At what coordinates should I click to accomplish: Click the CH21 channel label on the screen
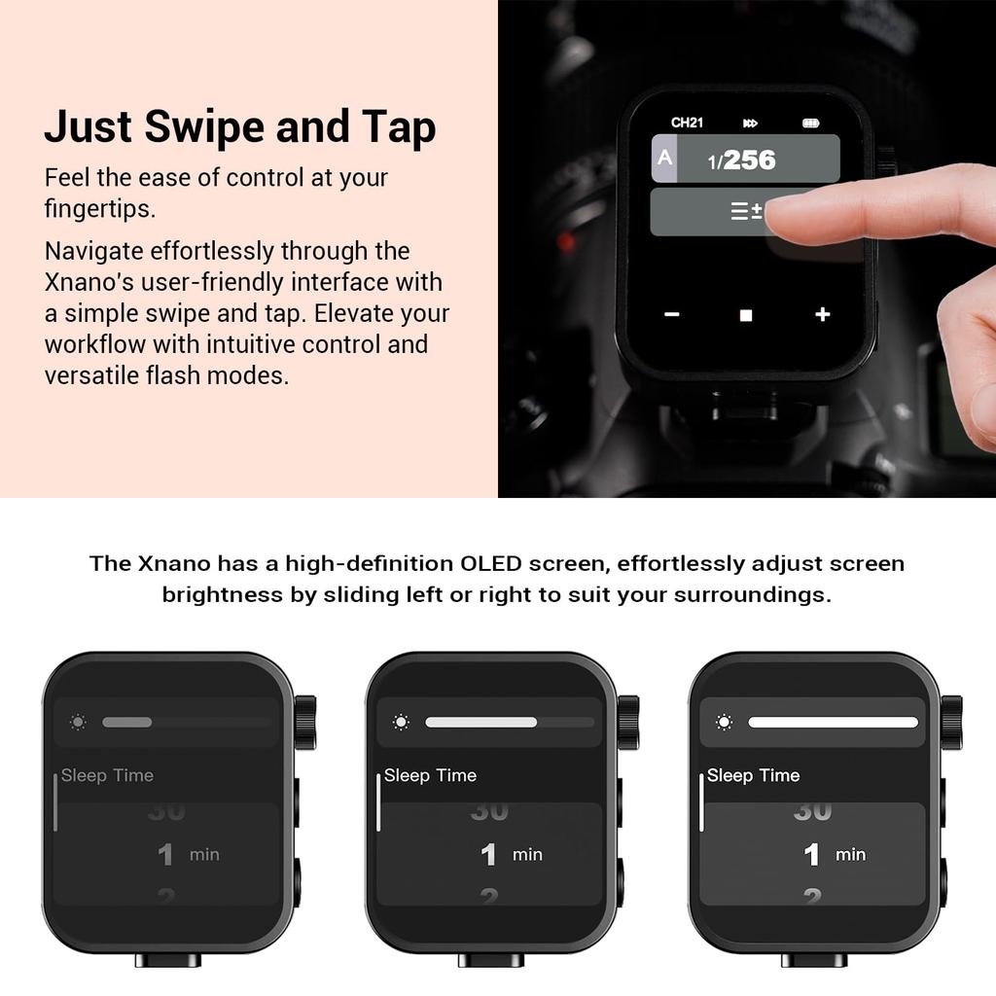click(x=687, y=123)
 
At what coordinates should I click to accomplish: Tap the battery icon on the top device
click(x=810, y=124)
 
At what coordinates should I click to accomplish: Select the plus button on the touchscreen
click(x=823, y=314)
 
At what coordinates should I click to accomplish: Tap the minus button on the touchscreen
click(x=672, y=314)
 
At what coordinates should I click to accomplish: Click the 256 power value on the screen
click(x=750, y=160)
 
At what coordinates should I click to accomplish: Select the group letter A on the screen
click(x=664, y=157)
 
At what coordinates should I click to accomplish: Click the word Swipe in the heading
click(x=203, y=128)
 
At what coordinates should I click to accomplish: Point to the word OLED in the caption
click(x=491, y=563)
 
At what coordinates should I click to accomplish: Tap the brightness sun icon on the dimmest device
click(x=78, y=723)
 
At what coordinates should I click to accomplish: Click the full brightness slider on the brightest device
click(x=833, y=723)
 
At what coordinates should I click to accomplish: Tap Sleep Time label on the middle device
click(x=430, y=775)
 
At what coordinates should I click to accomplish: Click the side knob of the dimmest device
click(x=305, y=723)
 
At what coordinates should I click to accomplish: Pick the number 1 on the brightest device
click(x=811, y=855)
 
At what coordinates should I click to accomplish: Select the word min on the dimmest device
click(x=204, y=855)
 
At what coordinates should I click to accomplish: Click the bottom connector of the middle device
click(x=491, y=959)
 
